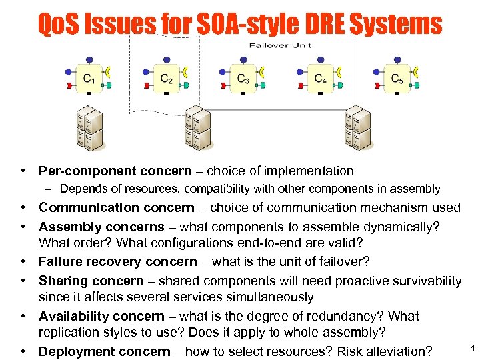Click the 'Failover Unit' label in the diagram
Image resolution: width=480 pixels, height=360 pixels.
click(280, 46)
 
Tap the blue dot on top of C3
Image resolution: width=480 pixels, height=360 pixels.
click(243, 59)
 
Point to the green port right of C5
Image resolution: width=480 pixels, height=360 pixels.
click(417, 85)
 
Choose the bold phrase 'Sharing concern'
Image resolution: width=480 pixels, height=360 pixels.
click(91, 281)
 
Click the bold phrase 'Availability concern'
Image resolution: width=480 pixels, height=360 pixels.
click(101, 316)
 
